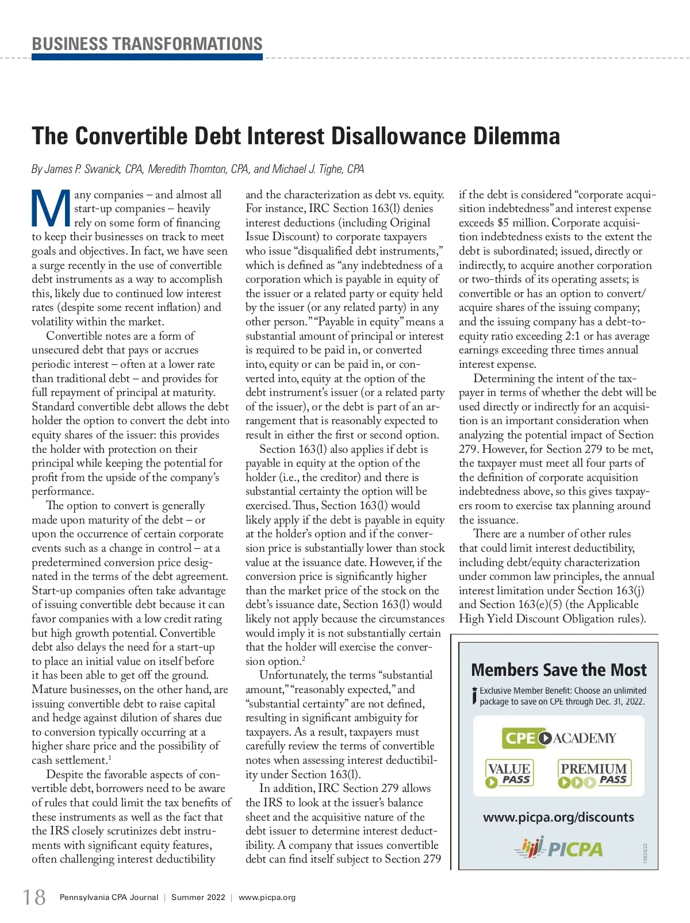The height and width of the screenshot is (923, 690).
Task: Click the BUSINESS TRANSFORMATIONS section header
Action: (x=147, y=44)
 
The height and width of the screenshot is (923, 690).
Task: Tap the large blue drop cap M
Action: (x=51, y=209)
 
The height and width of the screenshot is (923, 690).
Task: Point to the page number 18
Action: (x=34, y=897)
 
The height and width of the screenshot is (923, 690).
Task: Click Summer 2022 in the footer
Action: (x=198, y=897)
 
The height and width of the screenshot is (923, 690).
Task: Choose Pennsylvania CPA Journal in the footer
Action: (x=109, y=897)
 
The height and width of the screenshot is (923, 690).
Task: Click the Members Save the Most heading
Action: (x=558, y=670)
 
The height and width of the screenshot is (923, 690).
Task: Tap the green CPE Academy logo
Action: (x=559, y=738)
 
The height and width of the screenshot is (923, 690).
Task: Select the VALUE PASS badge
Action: (x=509, y=774)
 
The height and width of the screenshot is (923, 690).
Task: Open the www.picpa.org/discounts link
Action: (x=558, y=817)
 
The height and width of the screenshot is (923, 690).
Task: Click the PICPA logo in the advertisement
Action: (x=558, y=848)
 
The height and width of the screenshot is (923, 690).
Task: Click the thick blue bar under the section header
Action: (x=147, y=57)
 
